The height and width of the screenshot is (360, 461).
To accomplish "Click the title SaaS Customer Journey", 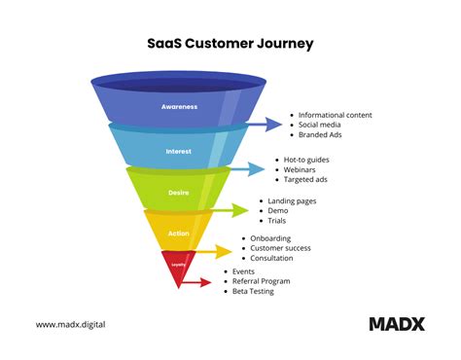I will click(230, 44).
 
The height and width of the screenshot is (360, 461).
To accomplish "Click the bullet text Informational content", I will click(335, 115).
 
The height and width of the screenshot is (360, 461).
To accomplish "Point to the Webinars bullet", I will click(303, 169).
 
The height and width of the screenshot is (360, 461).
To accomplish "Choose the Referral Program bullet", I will click(262, 281).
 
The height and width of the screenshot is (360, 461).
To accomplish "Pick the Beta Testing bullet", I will click(253, 291).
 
